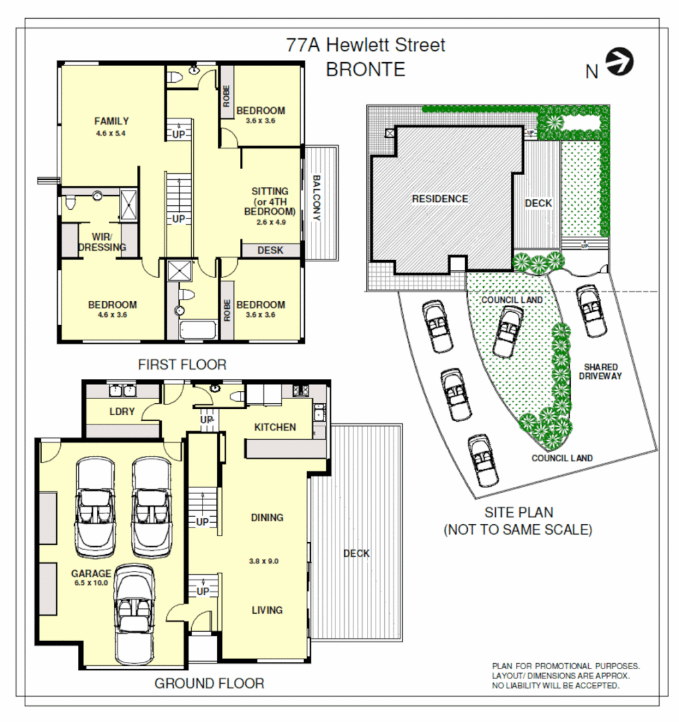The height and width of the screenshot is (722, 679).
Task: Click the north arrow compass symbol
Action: [x=620, y=62]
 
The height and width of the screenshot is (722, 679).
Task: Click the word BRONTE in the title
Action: [x=365, y=70]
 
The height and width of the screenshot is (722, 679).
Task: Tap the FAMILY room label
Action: [x=112, y=121]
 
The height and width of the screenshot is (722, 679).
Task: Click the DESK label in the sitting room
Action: [x=270, y=251]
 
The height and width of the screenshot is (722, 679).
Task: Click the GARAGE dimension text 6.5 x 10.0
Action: [x=92, y=583]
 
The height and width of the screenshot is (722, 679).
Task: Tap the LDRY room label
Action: [x=122, y=412]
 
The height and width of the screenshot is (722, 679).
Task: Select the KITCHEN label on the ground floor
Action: [x=275, y=427]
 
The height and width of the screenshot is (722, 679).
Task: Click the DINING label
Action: [x=267, y=517]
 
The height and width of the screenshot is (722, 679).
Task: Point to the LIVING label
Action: [x=267, y=610]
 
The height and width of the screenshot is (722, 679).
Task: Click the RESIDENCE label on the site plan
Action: [x=440, y=199]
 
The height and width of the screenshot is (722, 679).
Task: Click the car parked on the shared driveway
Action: [x=590, y=310]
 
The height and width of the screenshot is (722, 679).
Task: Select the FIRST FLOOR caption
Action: [x=182, y=364]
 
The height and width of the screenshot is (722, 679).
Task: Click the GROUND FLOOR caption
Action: [x=209, y=683]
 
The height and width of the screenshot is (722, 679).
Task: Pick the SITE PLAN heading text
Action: [x=519, y=513]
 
